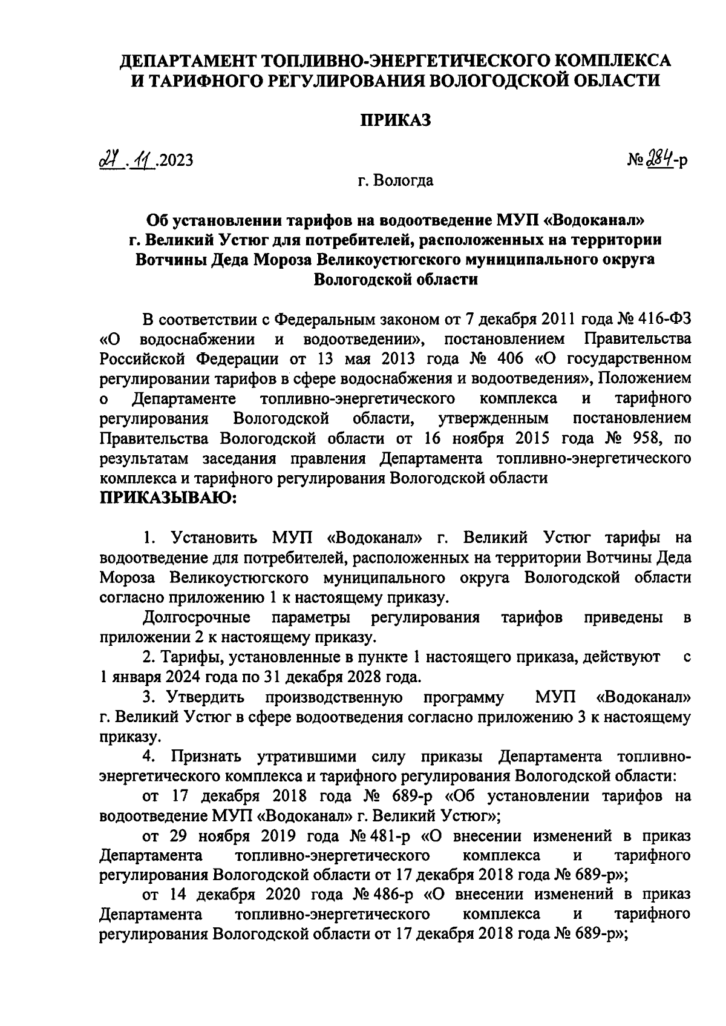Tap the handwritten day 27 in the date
110,160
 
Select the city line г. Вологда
396,180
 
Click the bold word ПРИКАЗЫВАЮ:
168,498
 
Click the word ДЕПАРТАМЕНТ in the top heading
185,61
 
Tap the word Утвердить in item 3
208,697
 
